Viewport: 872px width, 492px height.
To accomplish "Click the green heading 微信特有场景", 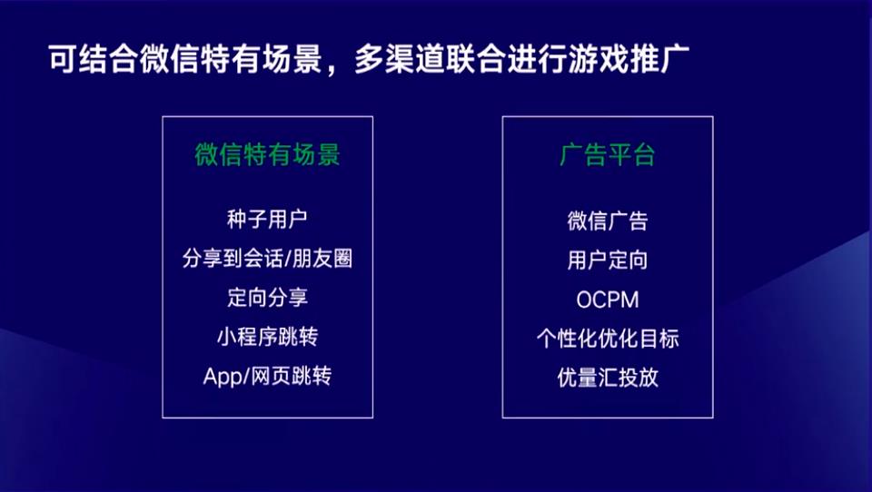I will click(267, 155).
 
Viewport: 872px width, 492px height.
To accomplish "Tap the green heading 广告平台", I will click(607, 155).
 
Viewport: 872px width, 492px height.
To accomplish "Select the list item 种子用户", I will click(267, 220).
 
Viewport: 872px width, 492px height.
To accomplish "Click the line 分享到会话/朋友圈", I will click(267, 259).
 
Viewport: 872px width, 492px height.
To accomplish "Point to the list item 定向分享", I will click(267, 298).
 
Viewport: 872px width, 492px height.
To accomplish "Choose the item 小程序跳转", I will click(267, 337).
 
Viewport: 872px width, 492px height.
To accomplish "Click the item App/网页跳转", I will click(267, 376).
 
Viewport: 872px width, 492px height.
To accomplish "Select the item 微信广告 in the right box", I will click(607, 221).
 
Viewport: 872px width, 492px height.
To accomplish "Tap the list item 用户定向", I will click(607, 261).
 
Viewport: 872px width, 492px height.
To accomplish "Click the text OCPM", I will click(607, 300).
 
